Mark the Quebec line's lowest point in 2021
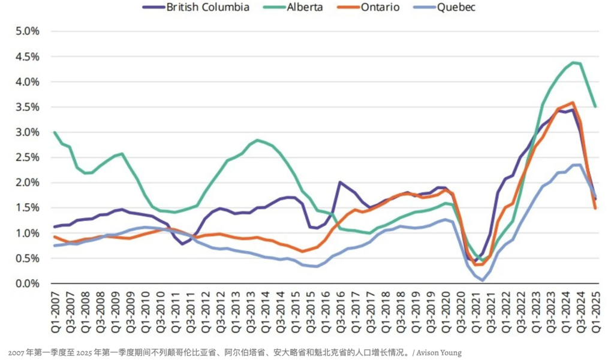point(483,280)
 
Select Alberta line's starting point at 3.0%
point(55,132)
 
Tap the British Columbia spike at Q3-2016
point(340,182)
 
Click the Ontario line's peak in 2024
point(573,102)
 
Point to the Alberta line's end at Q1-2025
point(595,107)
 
